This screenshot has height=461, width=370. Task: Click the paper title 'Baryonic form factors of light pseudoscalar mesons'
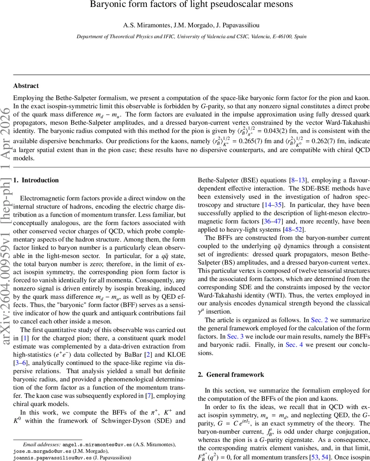tap(191, 5)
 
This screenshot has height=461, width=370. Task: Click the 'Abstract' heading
tap(26, 86)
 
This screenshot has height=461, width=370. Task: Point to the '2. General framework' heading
tap(231, 375)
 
